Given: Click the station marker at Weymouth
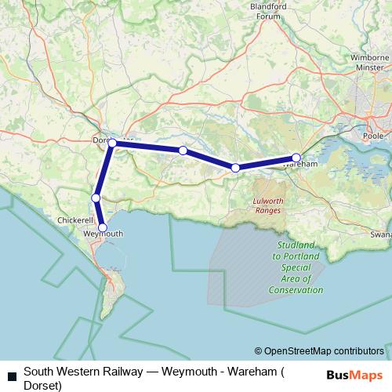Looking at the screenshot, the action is point(102,227).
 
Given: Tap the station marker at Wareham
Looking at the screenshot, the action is point(296,157).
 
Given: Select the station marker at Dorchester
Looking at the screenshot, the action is point(112,143).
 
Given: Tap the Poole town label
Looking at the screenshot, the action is point(372,134).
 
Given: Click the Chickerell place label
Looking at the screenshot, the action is point(76,220).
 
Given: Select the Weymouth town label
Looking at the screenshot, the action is point(102,234).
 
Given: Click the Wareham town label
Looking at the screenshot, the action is point(299,165).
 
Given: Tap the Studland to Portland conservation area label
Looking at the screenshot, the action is point(297,267).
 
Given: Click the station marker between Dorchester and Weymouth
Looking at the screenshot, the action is point(96,198).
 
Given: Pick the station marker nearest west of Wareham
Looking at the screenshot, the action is point(235,167).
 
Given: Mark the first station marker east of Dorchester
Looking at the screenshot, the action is point(182,150).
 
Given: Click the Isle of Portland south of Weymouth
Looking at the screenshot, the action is point(114,293).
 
